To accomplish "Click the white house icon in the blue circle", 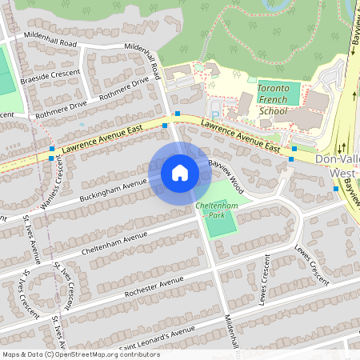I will point(179,172).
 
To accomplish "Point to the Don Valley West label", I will point(337,166).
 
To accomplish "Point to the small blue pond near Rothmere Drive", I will point(82,124).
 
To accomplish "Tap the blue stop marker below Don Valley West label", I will point(336,189).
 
